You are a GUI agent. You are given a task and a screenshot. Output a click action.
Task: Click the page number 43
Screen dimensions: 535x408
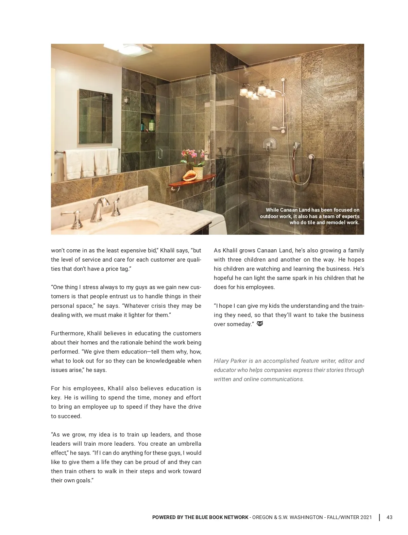pyautogui.click(x=389, y=517)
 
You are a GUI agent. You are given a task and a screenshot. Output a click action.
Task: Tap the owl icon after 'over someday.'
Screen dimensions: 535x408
pyautogui.click(x=260, y=324)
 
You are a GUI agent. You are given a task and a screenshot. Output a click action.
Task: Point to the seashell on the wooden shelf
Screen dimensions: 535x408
pyautogui.click(x=189, y=176)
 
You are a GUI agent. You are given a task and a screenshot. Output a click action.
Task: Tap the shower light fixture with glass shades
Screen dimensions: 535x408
pyautogui.click(x=257, y=92)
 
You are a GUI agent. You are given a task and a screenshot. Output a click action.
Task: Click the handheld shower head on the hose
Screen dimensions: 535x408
pyautogui.click(x=297, y=146)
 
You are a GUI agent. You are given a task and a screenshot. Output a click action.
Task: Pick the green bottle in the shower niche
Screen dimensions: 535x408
pyautogui.click(x=152, y=124)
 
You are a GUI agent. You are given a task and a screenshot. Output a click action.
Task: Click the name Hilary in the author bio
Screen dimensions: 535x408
pyautogui.click(x=221, y=361)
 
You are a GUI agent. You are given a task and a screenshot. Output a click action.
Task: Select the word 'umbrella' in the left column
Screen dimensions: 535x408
pyautogui.click(x=189, y=444)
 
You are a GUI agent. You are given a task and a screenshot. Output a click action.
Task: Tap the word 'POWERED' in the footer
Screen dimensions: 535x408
pyautogui.click(x=164, y=517)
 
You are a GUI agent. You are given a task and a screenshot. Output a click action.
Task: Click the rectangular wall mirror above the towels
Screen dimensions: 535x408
pyautogui.click(x=96, y=116)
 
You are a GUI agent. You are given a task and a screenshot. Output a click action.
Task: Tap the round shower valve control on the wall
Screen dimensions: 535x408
pyautogui.click(x=269, y=144)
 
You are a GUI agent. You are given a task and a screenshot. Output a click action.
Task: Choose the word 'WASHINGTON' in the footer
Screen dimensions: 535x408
pyautogui.click(x=307, y=517)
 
